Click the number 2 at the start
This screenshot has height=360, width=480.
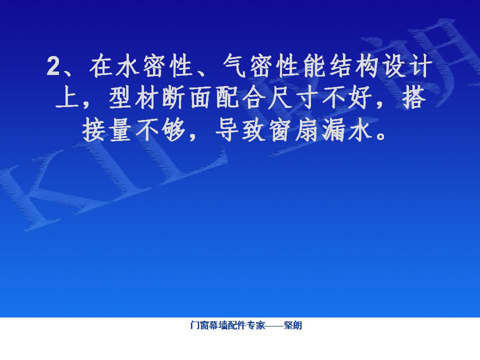(x=53, y=66)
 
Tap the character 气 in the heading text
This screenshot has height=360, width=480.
(x=234, y=65)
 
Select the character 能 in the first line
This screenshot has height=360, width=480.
(x=314, y=65)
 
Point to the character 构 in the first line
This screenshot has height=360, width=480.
(x=367, y=65)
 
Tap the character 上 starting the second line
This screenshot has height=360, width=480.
(x=67, y=97)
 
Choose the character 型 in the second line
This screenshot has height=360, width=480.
(x=120, y=97)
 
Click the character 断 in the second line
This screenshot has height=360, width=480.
(x=173, y=97)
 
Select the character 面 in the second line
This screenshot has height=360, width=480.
(x=200, y=97)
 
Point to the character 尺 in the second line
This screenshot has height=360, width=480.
(x=280, y=97)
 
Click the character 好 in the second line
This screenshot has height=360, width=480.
(x=360, y=97)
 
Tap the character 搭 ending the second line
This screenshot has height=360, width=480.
(x=414, y=97)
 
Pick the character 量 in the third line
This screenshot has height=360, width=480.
(x=120, y=130)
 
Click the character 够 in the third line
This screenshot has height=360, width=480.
(x=173, y=130)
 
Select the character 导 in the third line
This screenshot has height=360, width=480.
(x=227, y=130)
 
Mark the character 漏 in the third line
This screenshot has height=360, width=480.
(x=333, y=130)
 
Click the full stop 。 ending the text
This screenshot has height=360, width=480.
(x=381, y=135)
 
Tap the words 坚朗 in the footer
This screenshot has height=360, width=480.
(x=292, y=325)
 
